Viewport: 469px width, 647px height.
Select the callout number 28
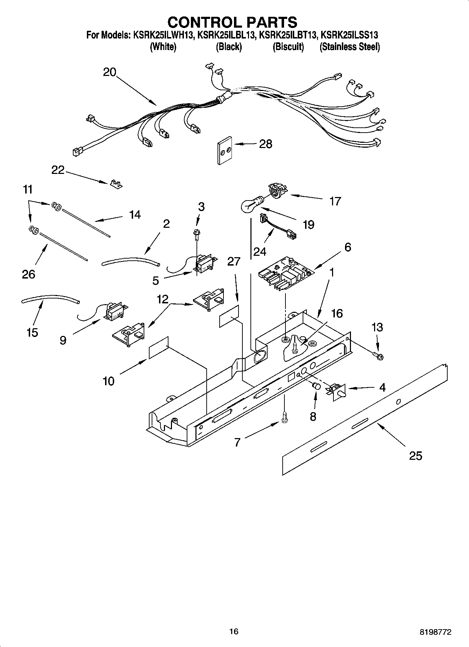coord(265,144)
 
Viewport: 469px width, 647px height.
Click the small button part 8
coord(316,387)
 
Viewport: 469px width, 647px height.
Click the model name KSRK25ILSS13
coord(349,35)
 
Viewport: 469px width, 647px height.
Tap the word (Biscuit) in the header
coord(288,47)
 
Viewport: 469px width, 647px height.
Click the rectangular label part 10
coord(159,348)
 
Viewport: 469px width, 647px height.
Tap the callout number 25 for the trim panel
coord(415,456)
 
